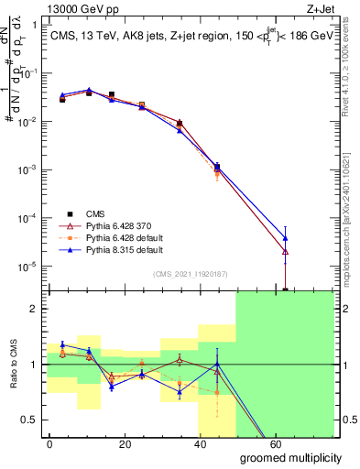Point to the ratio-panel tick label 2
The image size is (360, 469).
pos(35,310)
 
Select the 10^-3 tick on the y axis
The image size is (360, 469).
pos(27,170)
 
